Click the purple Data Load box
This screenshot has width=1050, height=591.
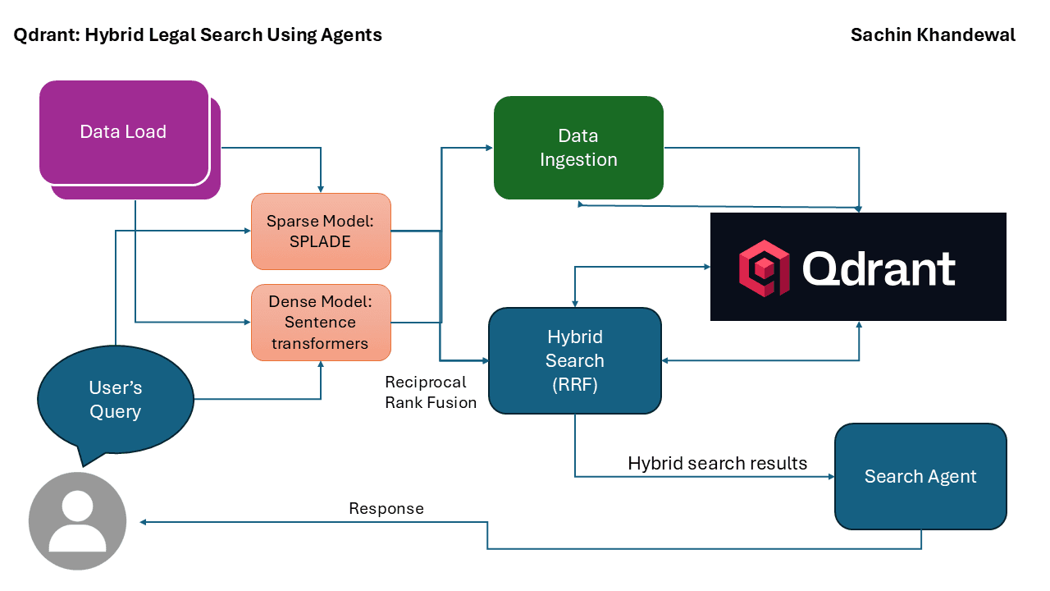click(x=124, y=132)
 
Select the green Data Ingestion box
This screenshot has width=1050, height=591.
click(x=578, y=148)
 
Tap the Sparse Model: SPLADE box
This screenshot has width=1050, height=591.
click(x=321, y=231)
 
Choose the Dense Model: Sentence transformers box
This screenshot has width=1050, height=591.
click(x=321, y=323)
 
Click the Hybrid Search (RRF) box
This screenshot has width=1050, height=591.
click(x=575, y=360)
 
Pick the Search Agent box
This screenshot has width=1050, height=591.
click(x=920, y=477)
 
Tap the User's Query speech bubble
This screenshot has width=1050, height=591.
click(x=115, y=400)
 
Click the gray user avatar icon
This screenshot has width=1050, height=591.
click(x=77, y=520)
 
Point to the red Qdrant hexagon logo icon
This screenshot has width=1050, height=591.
click(x=764, y=268)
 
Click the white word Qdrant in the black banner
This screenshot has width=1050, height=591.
click(x=879, y=268)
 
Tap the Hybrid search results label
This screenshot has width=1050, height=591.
click(x=717, y=464)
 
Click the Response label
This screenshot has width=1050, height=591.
click(x=386, y=509)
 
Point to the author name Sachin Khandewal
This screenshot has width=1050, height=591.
click(x=933, y=34)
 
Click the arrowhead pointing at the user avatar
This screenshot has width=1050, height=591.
click(x=143, y=522)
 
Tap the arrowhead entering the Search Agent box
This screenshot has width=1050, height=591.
click(x=830, y=476)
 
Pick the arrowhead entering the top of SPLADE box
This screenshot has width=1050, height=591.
click(x=321, y=189)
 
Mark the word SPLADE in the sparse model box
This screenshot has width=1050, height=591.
click(x=321, y=242)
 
